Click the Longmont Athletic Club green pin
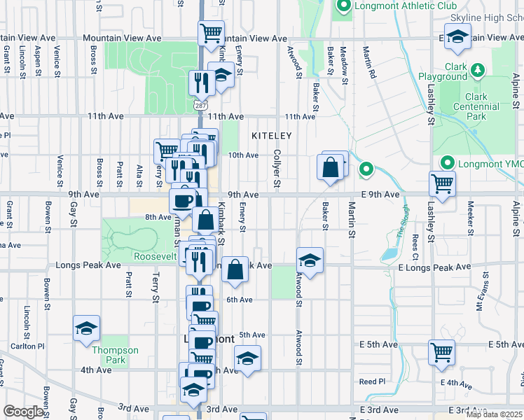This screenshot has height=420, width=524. [343, 7]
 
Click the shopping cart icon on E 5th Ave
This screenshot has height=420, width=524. [441, 351]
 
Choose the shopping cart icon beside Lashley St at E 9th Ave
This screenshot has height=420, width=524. [443, 183]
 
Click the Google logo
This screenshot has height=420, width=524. [24, 412]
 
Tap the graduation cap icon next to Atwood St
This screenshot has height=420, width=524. [310, 260]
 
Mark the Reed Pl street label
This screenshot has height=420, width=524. [372, 381]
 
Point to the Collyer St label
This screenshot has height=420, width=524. [277, 168]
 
